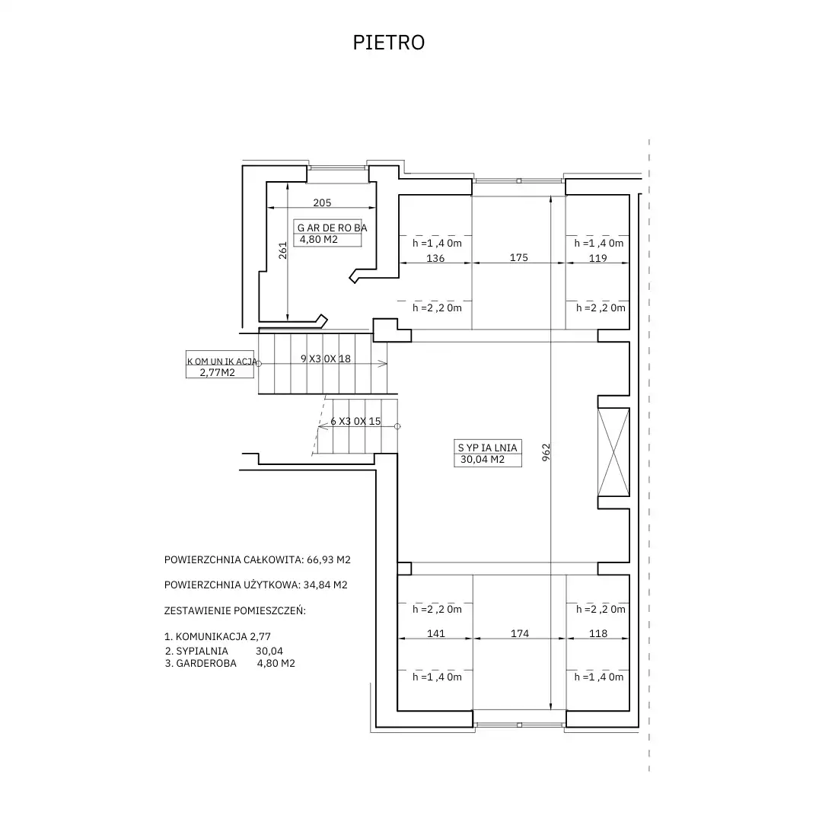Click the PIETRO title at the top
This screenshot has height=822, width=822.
tap(388, 43)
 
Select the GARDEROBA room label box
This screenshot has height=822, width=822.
tap(327, 234)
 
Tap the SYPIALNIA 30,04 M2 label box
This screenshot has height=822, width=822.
tap(488, 454)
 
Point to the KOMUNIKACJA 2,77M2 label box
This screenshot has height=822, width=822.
tap(220, 365)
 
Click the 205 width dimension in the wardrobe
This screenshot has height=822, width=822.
tap(322, 202)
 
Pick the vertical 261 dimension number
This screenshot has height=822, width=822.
tap(283, 250)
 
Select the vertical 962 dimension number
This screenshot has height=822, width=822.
tap(546, 452)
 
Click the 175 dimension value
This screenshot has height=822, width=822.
tap(518, 257)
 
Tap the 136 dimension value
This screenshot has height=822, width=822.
tap(435, 258)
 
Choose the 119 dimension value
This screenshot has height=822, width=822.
tap(597, 258)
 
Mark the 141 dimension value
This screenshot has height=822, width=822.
tap(435, 633)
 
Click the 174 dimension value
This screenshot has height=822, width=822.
tap(520, 633)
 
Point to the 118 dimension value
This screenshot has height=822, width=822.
tap(598, 633)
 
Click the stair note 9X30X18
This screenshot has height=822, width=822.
tap(326, 358)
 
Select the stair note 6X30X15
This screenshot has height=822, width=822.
tap(355, 421)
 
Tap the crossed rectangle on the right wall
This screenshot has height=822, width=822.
tap(613, 452)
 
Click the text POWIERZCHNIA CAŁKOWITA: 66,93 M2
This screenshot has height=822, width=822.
tap(257, 559)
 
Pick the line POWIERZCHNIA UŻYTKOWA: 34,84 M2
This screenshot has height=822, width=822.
tap(256, 585)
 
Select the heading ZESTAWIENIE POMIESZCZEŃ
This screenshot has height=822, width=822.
tap(235, 610)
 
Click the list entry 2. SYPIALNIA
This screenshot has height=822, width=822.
tap(196, 651)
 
